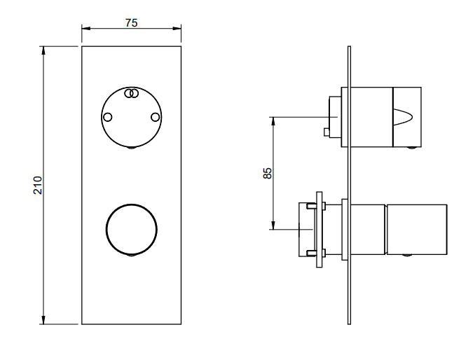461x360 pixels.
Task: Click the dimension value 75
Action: point(131,22)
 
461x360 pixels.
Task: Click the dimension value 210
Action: point(38,185)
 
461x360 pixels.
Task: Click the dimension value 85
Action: point(267,173)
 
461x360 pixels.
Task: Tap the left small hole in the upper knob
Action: point(108,117)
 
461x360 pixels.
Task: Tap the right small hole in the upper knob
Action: point(156,117)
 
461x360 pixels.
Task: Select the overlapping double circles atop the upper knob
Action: point(132,93)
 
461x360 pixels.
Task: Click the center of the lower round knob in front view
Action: point(132,229)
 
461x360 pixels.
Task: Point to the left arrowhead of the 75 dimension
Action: point(85,28)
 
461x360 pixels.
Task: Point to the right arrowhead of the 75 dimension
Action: point(177,28)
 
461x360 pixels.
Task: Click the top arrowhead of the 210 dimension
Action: point(43,50)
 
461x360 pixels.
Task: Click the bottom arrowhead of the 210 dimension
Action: point(43,320)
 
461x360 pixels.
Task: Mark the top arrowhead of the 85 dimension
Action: point(273,120)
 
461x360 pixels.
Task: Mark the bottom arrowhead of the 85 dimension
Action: point(273,225)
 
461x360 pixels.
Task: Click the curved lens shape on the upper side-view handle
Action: point(403,117)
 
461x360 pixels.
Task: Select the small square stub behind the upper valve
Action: point(326,132)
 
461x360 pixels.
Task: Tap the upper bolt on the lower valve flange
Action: point(316,206)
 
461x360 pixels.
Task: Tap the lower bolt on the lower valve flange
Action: point(316,253)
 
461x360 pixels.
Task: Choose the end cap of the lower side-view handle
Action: point(417,229)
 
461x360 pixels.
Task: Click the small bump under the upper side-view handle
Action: point(412,148)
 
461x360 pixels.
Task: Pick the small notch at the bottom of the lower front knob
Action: point(132,255)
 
